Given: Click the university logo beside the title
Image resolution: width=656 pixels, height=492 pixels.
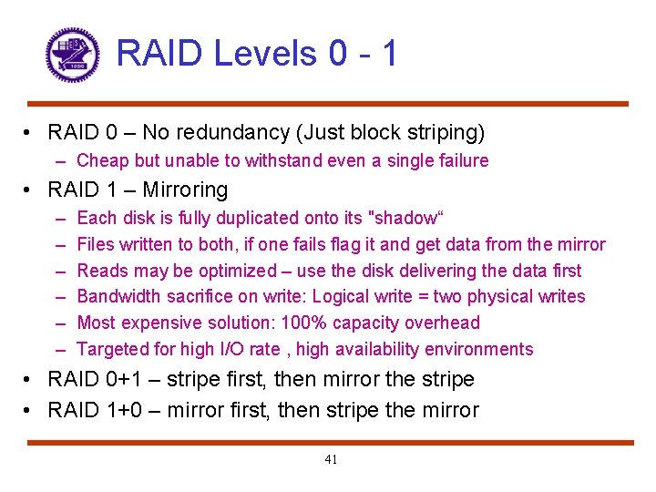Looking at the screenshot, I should point(72,55).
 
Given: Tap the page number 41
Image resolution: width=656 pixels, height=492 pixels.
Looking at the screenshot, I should point(331,459).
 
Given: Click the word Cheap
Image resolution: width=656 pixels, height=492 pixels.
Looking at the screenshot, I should point(102,161).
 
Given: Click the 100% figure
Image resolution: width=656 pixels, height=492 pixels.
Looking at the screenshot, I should point(324,323).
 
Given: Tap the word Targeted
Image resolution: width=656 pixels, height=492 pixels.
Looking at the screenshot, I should point(111,349).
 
